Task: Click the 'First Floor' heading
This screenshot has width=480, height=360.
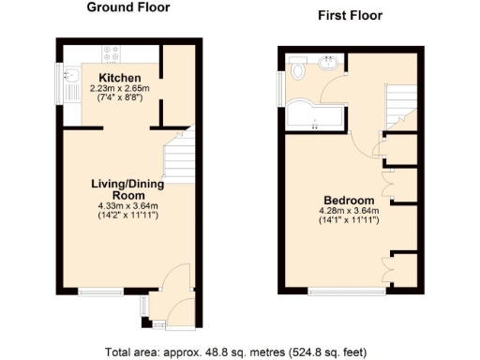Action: pyautogui.click(x=351, y=16)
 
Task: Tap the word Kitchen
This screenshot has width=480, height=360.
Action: pyautogui.click(x=120, y=77)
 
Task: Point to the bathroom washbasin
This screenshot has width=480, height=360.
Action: pyautogui.click(x=331, y=65)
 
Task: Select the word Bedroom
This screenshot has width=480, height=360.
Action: pyautogui.click(x=349, y=201)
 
